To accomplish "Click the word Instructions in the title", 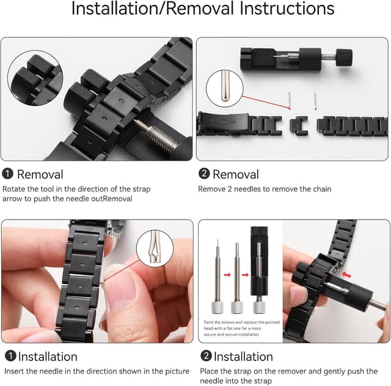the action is (287, 9).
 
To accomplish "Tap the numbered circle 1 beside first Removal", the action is (7, 174).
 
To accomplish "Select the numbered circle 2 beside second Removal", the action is (203, 174).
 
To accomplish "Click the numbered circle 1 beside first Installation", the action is (10, 356).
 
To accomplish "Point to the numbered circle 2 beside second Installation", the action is (206, 356).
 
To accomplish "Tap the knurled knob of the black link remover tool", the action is (344, 57).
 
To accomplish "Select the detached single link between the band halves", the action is (299, 125).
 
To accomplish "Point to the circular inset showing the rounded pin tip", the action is (225, 88).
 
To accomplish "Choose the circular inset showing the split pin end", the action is (155, 249).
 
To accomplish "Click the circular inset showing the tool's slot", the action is (35, 78).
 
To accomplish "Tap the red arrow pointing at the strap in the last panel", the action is (347, 275).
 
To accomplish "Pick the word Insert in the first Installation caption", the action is (14, 371).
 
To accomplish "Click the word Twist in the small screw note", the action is (208, 322).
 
